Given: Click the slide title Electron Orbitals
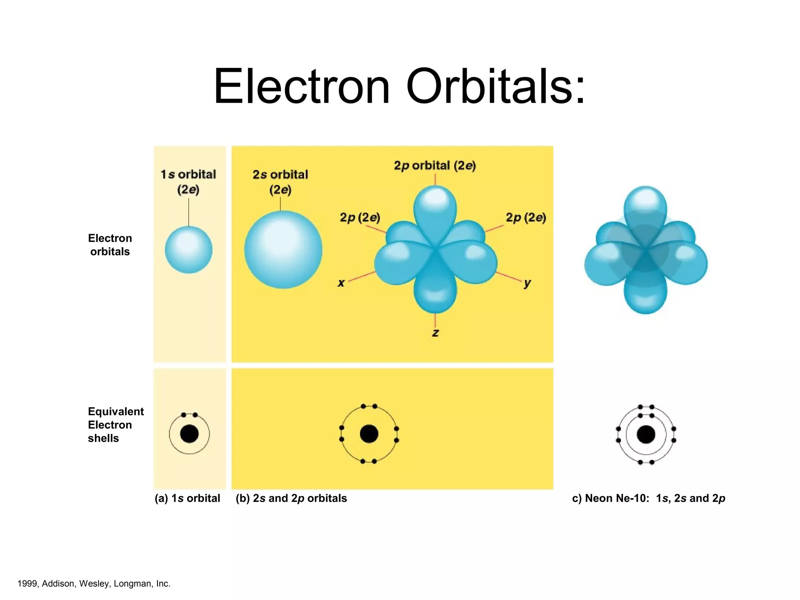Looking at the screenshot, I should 399,87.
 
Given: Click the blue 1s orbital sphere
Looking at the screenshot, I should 189,250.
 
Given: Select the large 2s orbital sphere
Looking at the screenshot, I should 283,250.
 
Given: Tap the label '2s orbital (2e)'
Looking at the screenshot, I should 280,182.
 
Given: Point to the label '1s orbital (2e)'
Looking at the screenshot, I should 188,182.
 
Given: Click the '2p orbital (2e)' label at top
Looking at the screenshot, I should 435,166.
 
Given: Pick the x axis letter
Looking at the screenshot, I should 341,283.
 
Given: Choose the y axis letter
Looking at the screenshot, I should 527,283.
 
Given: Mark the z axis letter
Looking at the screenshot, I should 435,333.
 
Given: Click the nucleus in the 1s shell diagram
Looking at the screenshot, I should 189,434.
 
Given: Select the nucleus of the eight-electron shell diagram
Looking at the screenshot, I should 369,434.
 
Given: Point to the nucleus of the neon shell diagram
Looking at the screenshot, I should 646,434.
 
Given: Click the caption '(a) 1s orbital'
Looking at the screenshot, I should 187,498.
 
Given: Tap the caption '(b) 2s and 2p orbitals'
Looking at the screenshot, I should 291,498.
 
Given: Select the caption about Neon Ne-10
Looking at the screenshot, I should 648,498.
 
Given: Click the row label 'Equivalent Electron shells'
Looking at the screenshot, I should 115,425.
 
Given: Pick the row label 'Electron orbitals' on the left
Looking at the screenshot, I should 110,245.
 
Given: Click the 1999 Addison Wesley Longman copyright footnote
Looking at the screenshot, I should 94,584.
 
